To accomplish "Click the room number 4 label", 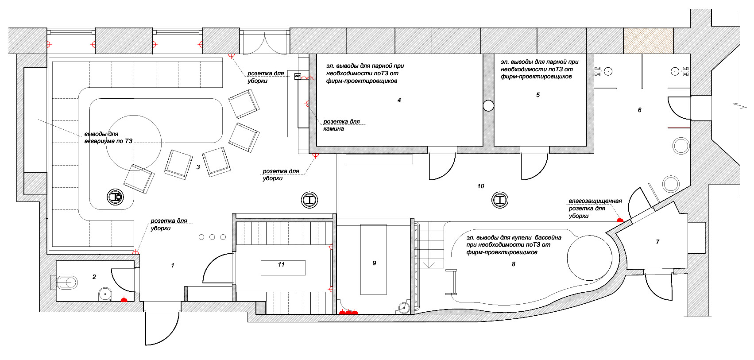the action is click(399, 100).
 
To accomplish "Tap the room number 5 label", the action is click(538, 95).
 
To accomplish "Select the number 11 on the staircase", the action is click(282, 264).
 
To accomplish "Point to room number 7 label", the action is click(657, 242).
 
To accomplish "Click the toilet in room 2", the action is click(66, 282).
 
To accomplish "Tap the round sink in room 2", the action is click(105, 294).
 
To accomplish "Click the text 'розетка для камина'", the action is click(341, 125).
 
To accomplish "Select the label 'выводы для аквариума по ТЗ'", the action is click(108, 137).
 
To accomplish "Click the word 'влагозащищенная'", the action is click(595, 201).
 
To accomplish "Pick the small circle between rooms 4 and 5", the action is click(488, 106).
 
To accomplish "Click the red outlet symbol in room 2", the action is click(124, 299).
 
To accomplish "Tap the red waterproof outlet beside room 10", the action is click(620, 220).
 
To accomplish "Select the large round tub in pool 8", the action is click(589, 258).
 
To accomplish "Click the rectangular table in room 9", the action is click(373, 259).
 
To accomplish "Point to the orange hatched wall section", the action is click(648, 41).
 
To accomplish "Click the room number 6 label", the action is click(640, 110).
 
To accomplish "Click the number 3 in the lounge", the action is click(198, 166).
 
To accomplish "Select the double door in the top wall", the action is click(265, 42).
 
